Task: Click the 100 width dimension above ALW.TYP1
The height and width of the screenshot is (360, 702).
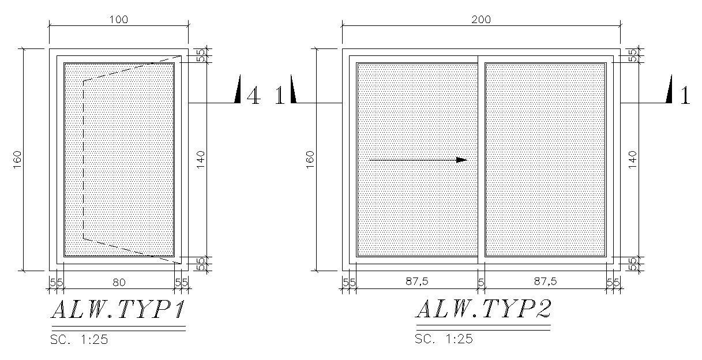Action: pos(119,19)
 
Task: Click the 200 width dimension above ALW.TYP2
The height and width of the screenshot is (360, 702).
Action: pos(481,19)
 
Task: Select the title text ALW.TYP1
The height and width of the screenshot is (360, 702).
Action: pos(118,310)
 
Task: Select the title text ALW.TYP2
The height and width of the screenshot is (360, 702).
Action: pos(483,310)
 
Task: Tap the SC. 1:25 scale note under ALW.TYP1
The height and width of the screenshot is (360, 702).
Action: pos(78,339)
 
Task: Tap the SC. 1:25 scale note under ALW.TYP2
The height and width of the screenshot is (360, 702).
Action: pos(444,339)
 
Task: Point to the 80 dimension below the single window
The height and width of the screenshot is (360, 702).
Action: pos(119,282)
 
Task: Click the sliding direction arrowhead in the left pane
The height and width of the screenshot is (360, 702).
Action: pos(461,160)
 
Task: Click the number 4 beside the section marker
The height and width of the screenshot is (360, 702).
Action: pos(253,96)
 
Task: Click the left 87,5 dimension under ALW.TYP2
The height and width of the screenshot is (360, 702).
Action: pos(416,282)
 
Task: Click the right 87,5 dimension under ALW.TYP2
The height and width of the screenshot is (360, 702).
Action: pos(545,282)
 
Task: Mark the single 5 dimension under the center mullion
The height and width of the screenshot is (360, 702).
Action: pos(481,282)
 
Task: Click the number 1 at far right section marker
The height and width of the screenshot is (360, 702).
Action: pos(685,96)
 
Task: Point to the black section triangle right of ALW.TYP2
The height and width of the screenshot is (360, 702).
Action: pos(670,91)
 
